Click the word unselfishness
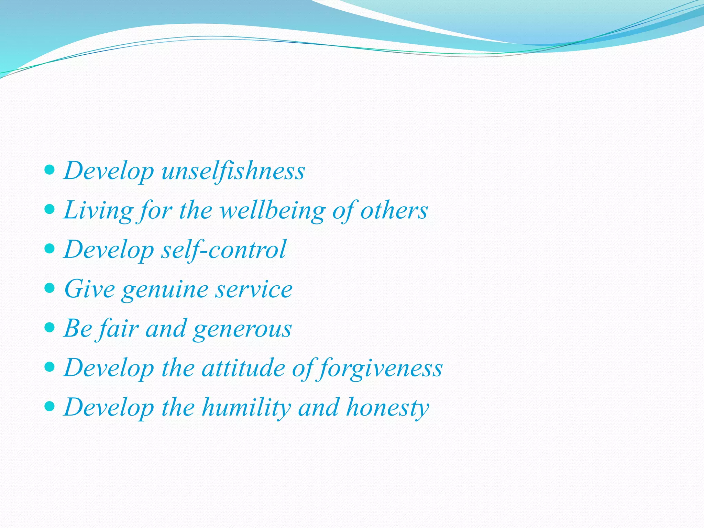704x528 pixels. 233,171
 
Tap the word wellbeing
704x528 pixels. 272,210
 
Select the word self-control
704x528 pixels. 223,250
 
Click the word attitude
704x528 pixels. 243,368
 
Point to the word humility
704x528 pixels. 246,408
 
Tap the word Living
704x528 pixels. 98,210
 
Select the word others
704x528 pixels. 394,210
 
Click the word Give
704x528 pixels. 89,289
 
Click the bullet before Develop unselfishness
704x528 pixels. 50,169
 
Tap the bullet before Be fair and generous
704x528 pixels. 50,328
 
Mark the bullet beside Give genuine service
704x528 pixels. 50,288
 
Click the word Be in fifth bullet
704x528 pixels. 78,329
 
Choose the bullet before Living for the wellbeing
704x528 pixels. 50,209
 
